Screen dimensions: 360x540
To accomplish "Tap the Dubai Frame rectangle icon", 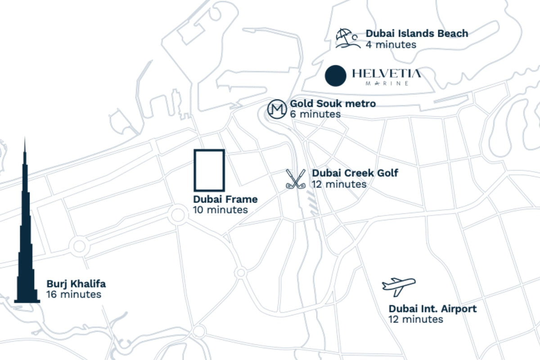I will point(209,170).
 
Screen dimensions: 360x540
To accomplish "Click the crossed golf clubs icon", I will point(296,179).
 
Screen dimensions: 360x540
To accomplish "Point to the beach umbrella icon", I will point(347,38).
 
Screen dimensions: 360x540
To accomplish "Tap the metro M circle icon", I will point(277,109).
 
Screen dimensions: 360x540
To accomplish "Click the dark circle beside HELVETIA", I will point(336,75).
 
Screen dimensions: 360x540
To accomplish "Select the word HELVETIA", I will point(387,73).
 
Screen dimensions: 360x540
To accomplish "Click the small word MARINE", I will point(387,84).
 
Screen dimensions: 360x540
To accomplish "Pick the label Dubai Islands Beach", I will point(417,33).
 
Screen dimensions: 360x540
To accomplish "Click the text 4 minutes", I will point(391,45).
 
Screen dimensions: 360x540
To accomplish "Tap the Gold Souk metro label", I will point(333,104).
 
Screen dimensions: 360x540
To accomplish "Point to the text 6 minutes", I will point(315,114).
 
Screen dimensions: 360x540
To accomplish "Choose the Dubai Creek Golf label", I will point(355,173).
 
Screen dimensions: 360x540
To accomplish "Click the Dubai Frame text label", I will point(225,199).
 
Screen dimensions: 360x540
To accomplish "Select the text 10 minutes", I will point(220,210).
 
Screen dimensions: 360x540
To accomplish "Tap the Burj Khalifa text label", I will point(76,284).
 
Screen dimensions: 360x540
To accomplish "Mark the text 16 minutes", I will point(74,295).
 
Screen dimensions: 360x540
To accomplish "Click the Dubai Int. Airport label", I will point(432,309).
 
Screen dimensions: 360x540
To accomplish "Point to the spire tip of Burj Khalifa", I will point(25,139).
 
